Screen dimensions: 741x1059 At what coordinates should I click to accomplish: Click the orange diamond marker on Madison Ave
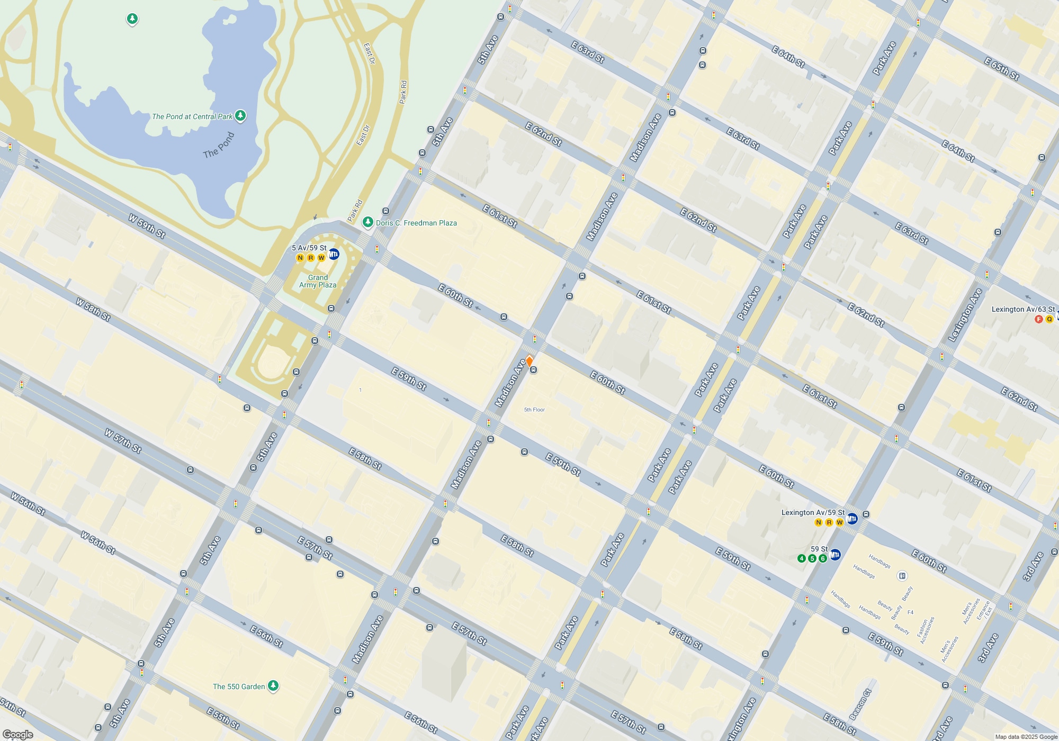[x=529, y=361]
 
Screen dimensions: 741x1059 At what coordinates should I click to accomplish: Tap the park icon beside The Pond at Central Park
[x=240, y=115]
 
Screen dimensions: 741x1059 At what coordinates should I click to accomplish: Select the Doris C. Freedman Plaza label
[x=416, y=223]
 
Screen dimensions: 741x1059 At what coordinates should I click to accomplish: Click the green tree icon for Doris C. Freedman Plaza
[x=367, y=222]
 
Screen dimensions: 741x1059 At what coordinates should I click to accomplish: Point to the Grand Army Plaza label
[x=318, y=281]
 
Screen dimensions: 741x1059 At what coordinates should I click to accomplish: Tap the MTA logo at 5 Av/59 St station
[x=334, y=254]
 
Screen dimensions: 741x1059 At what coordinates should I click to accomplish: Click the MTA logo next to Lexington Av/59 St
[x=852, y=519]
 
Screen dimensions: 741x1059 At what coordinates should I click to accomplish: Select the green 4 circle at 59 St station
[x=802, y=558]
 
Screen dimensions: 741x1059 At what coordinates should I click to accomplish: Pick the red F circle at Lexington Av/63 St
[x=1039, y=319]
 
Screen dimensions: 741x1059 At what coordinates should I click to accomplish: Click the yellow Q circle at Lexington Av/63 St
[x=1049, y=319]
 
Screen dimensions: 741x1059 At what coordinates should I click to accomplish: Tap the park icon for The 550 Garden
[x=273, y=686]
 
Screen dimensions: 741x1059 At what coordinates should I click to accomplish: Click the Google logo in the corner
[x=18, y=735]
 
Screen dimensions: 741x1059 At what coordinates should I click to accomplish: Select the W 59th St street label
[x=147, y=226]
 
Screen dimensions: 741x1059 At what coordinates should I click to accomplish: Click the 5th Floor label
[x=534, y=410]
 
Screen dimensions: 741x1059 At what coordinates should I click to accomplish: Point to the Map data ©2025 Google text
[x=1026, y=737]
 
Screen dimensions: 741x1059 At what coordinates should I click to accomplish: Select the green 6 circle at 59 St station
[x=823, y=558]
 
